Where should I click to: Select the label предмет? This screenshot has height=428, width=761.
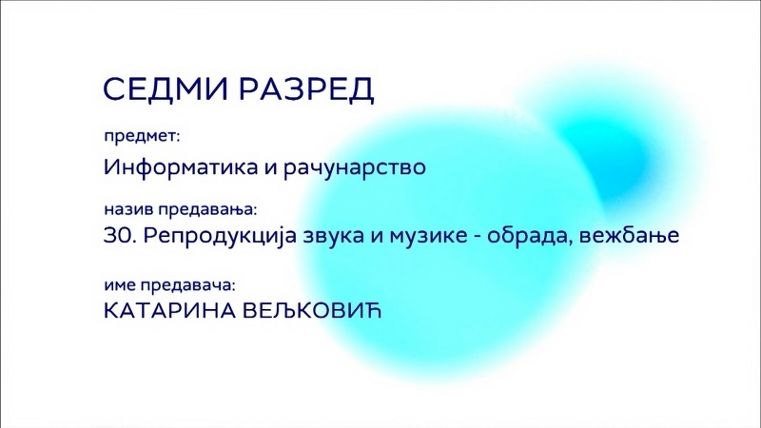click(142, 137)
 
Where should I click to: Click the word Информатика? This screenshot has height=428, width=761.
click(181, 167)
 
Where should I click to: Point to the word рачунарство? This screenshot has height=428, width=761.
click(355, 168)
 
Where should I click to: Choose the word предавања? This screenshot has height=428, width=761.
click(207, 211)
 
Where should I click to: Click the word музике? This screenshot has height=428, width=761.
click(427, 237)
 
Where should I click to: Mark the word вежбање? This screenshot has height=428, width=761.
click(630, 236)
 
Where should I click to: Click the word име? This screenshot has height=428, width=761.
click(120, 285)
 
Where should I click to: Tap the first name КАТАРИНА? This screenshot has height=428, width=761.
click(169, 311)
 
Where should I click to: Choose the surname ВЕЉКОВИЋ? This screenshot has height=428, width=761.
click(312, 311)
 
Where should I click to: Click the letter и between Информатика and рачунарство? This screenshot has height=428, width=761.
click(270, 168)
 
